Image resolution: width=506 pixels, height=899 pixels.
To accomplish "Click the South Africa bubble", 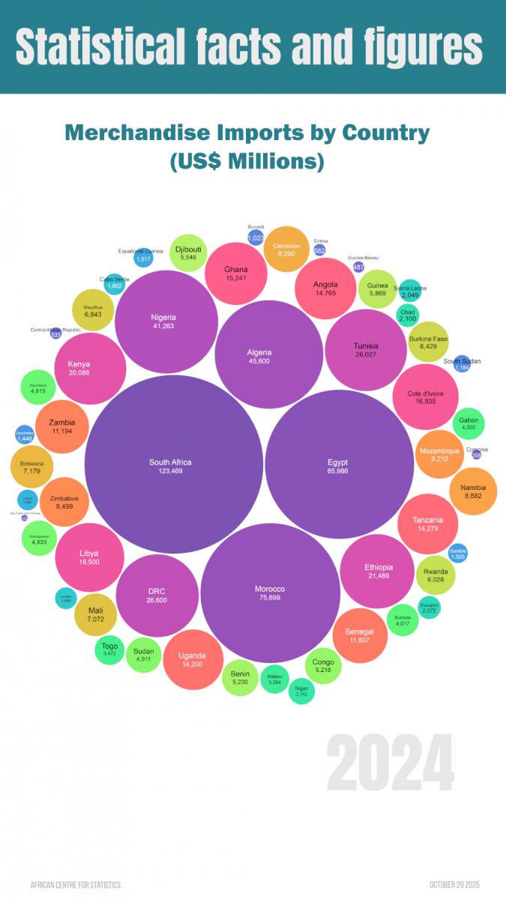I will (x=170, y=464).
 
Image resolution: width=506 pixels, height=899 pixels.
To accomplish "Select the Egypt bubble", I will (x=339, y=464).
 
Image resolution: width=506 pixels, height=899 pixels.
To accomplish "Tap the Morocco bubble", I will (x=270, y=592).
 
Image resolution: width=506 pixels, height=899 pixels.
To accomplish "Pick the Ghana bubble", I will (x=236, y=273).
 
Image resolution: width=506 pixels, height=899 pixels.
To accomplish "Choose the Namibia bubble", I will (x=474, y=491).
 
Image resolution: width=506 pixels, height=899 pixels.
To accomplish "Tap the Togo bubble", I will (x=109, y=649).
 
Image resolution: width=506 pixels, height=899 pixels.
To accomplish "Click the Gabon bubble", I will (x=469, y=423).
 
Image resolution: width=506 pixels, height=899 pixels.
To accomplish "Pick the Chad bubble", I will (x=408, y=315).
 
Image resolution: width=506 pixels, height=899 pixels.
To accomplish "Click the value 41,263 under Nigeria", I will (x=163, y=326).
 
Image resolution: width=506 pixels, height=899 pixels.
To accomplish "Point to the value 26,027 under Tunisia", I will (x=366, y=355).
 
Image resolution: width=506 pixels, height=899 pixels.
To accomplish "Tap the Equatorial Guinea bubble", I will (x=143, y=258).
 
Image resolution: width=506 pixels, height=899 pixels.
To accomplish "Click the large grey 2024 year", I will (x=390, y=763).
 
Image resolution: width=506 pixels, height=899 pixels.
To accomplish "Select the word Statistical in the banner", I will (x=97, y=46).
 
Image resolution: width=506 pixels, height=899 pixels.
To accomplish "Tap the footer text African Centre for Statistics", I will (x=75, y=885).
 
